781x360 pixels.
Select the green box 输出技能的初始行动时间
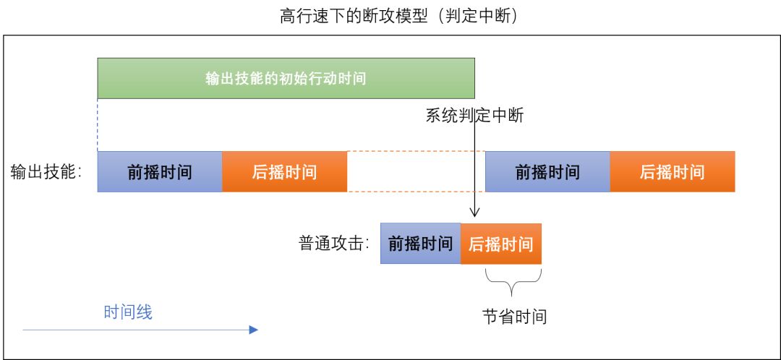(x=286, y=78)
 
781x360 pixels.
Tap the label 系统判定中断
(x=474, y=116)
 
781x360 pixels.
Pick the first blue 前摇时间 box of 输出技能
(x=160, y=172)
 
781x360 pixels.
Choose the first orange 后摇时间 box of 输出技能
(x=284, y=172)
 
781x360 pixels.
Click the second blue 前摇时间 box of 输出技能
(x=547, y=172)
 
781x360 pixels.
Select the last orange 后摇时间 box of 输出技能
(x=672, y=172)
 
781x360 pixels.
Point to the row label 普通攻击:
(x=333, y=243)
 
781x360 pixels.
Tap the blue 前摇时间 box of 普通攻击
(x=420, y=244)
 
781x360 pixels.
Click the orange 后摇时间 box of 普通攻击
(x=500, y=244)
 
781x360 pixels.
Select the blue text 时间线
(x=128, y=312)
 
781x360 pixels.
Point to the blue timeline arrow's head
(x=253, y=330)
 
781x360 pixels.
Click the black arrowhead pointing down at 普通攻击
(x=475, y=213)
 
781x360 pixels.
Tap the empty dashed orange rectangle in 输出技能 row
(x=416, y=172)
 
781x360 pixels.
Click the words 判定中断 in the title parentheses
(x=477, y=16)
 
